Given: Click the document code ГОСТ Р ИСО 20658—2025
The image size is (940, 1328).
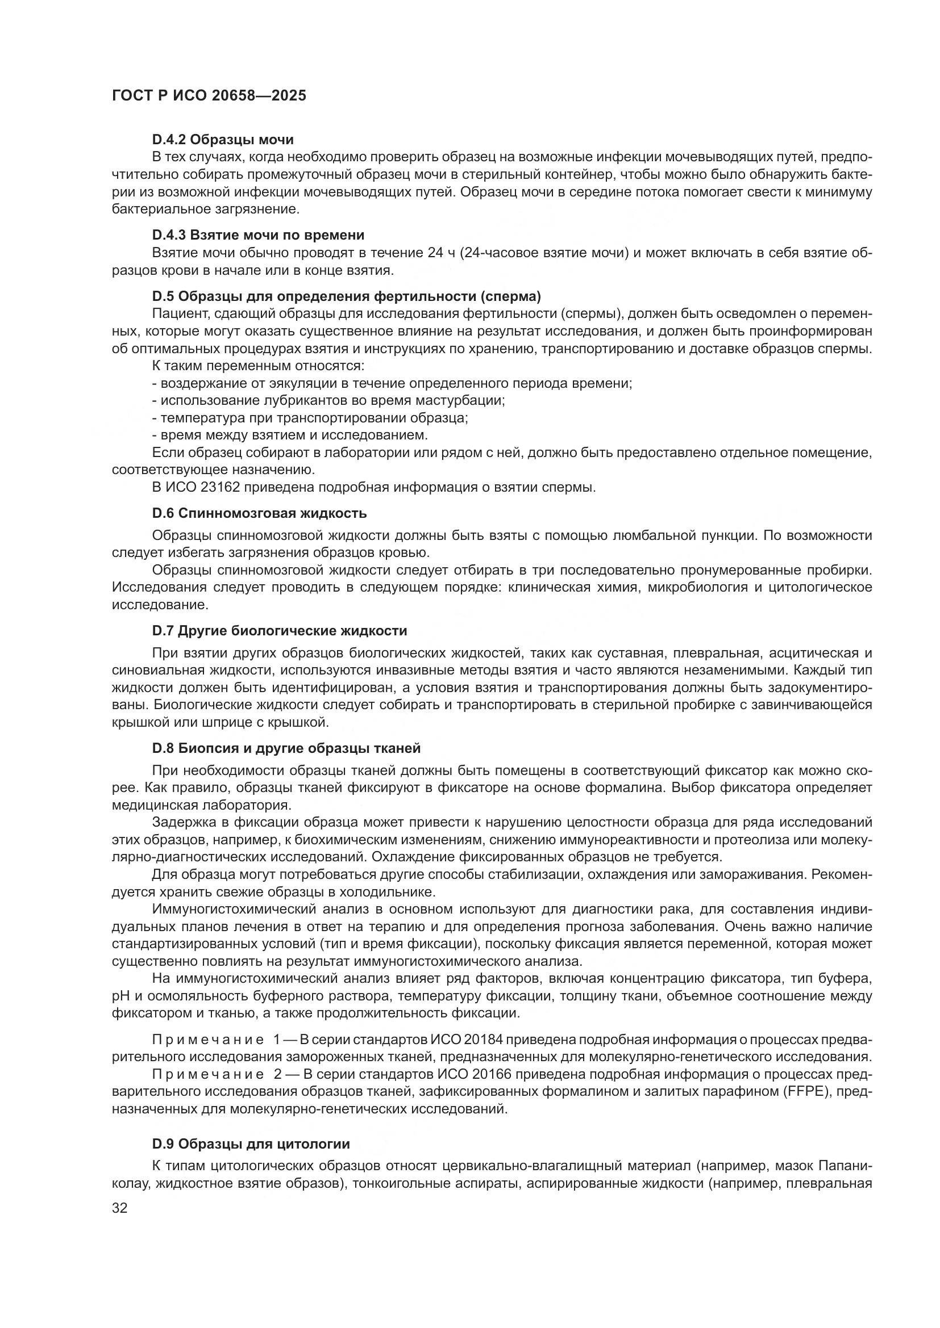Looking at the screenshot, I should pyautogui.click(x=209, y=95).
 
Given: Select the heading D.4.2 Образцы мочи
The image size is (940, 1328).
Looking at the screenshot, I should pyautogui.click(x=223, y=140).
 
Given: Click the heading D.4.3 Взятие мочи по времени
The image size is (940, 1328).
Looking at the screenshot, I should pyautogui.click(x=258, y=235).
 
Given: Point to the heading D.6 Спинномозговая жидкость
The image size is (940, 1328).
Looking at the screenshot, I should pyautogui.click(x=259, y=513).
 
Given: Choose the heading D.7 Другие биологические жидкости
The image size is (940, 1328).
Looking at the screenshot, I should pyautogui.click(x=280, y=630).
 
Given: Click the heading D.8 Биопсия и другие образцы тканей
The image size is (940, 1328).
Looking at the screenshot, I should pyautogui.click(x=286, y=748).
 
